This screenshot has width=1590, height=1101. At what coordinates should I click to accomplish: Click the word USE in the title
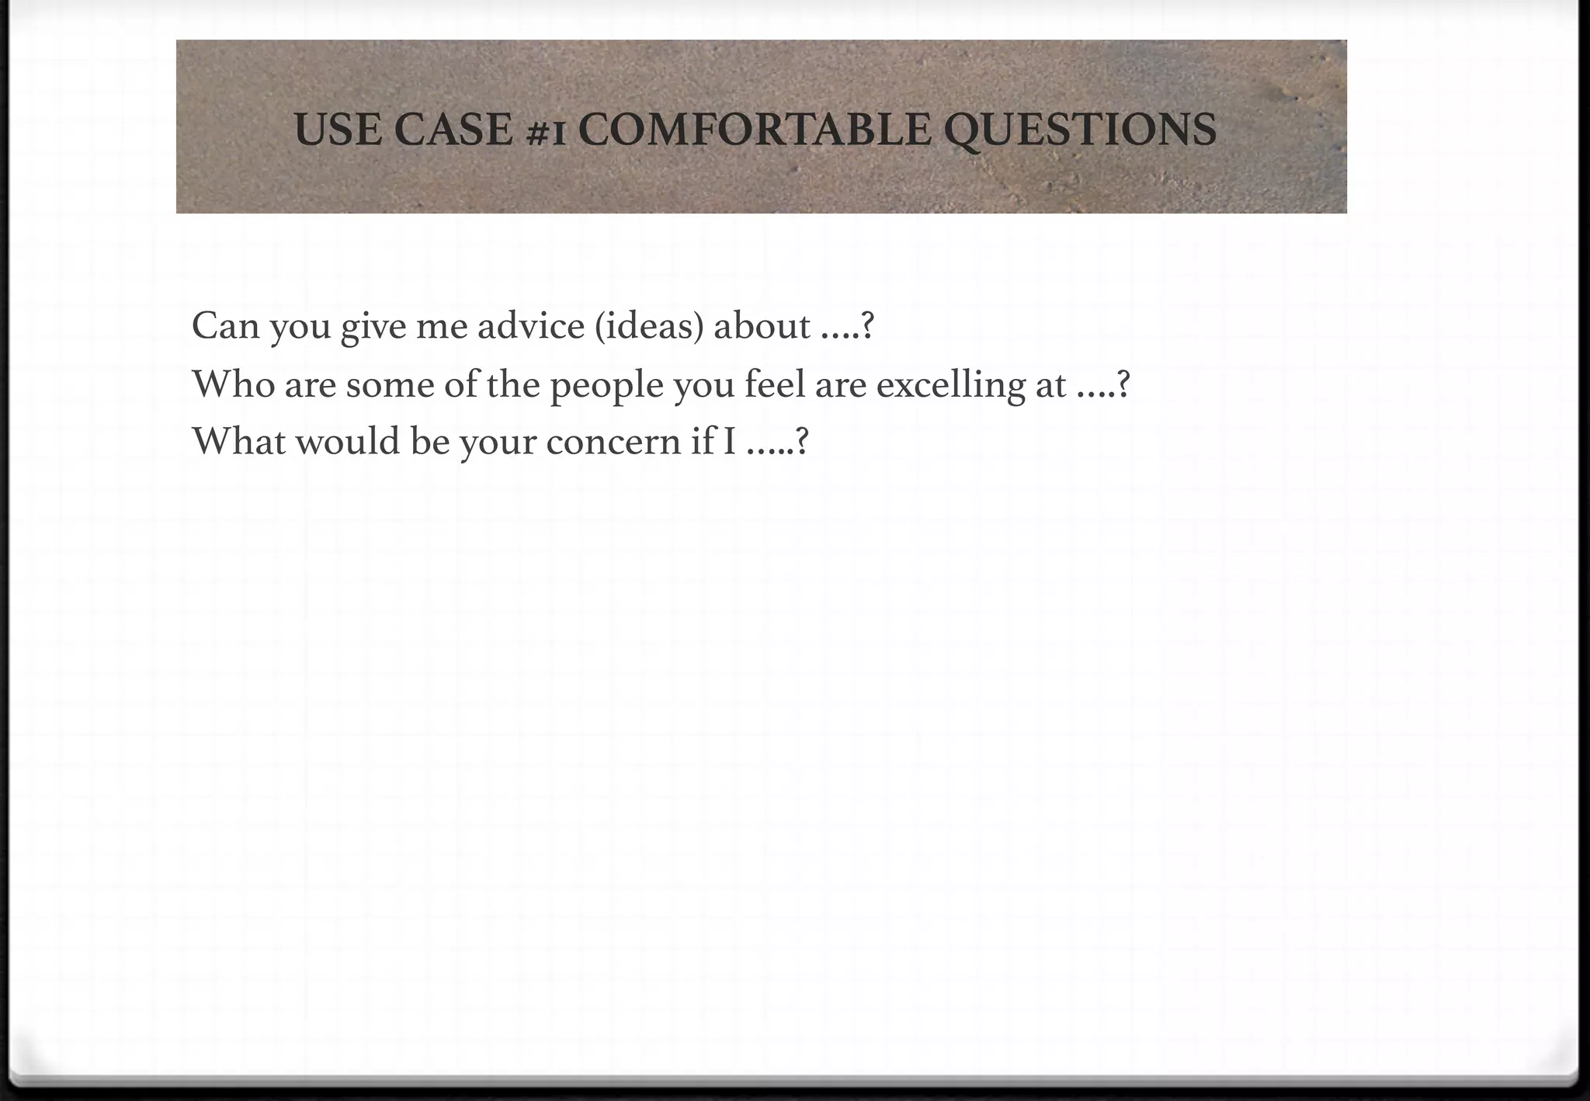pos(338,130)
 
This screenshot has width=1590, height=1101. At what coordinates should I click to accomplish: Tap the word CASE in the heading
pos(453,130)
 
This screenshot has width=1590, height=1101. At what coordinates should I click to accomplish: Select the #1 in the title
pos(546,132)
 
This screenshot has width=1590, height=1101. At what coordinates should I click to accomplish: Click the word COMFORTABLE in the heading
pos(754,130)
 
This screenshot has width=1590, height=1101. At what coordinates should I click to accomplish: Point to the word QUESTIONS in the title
pos(1080,130)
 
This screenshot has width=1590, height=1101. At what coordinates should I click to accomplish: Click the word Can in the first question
pos(225,325)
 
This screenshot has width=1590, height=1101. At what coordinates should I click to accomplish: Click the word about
pos(762,325)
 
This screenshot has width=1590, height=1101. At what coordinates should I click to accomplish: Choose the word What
pos(238,441)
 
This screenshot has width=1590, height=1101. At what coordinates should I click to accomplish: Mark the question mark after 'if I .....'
pos(803,441)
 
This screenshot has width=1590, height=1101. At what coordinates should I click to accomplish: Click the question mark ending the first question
pos(868,326)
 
